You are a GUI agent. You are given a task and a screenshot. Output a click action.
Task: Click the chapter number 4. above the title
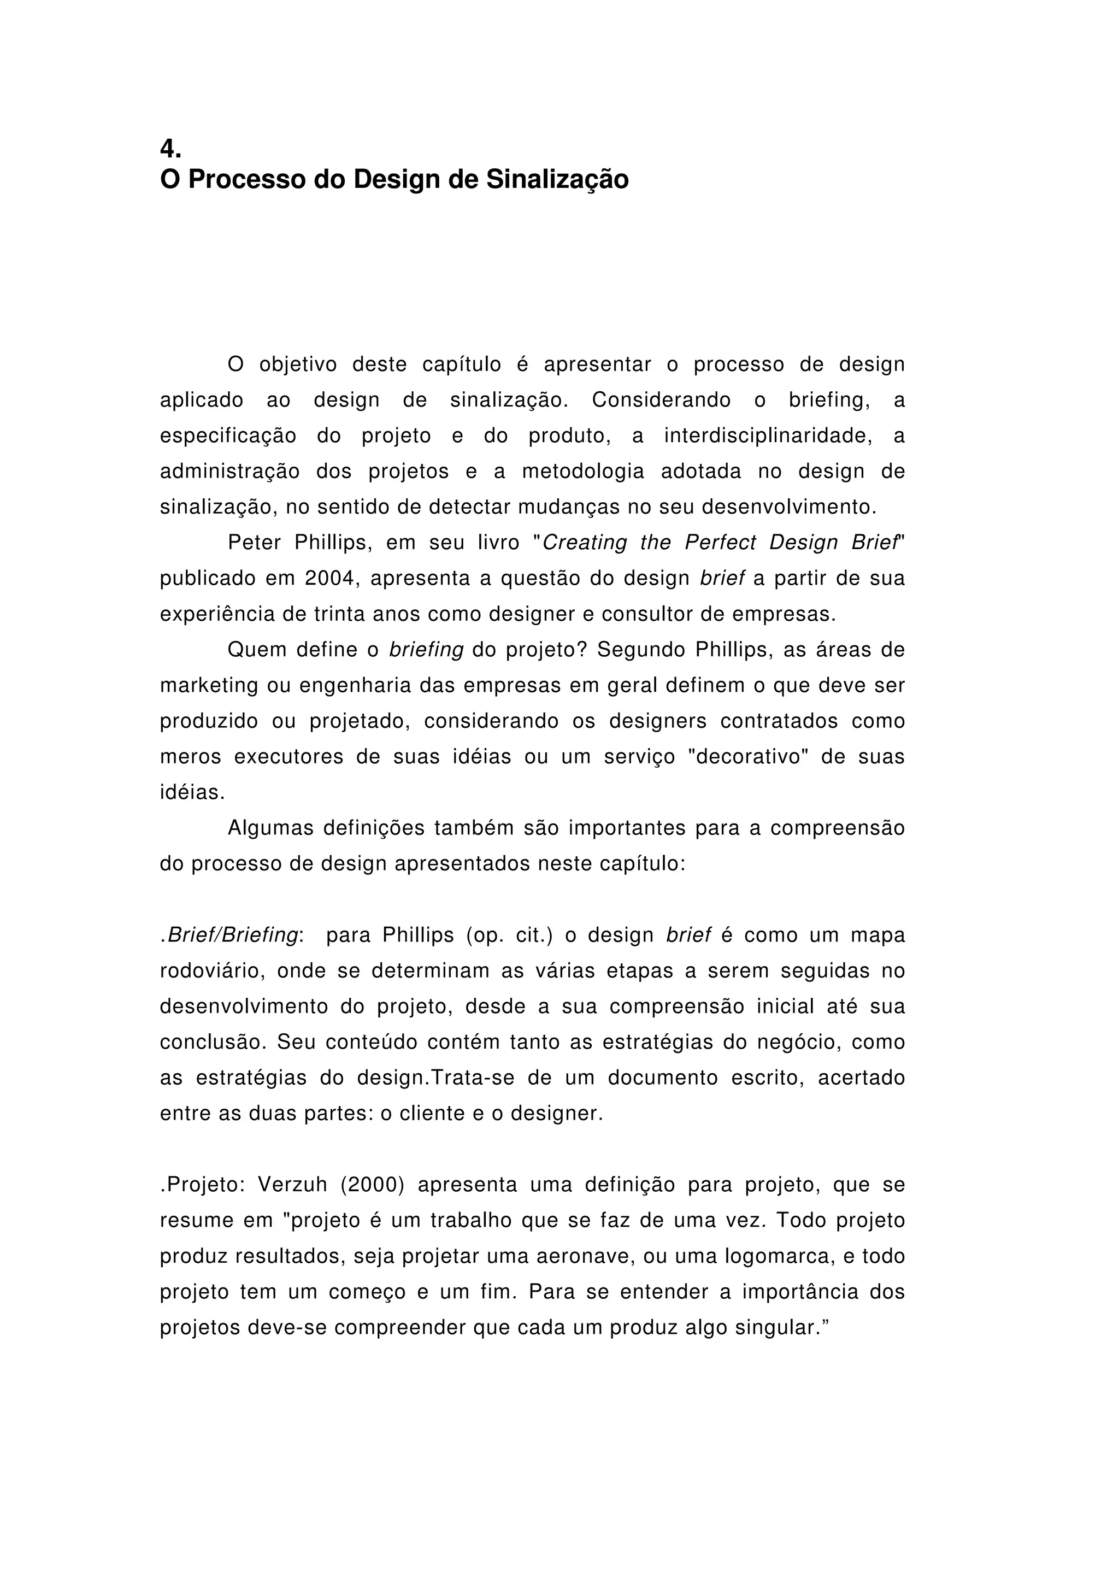170,148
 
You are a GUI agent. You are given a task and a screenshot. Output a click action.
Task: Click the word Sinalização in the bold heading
557,180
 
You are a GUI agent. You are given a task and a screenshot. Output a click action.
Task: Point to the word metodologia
582,472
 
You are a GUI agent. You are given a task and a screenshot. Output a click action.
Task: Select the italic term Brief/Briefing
232,935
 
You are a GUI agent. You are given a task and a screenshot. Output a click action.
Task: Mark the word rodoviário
213,972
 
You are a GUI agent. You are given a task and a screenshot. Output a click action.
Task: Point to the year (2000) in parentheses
372,1185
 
